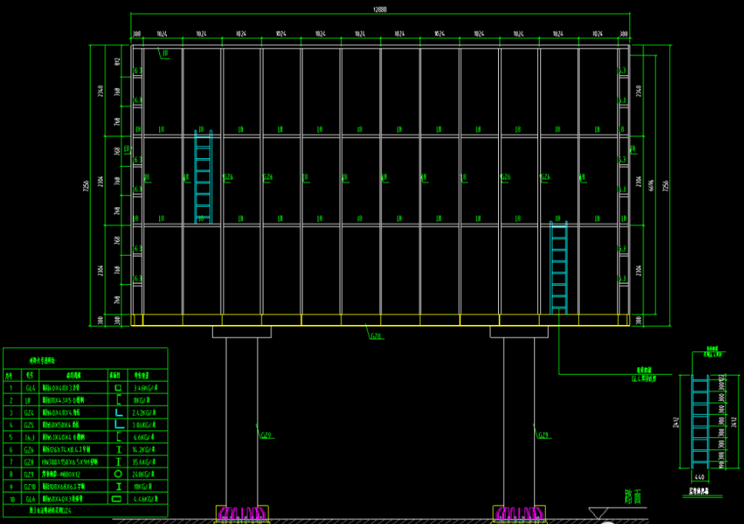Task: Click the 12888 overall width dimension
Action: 380,9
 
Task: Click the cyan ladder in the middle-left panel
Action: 203,177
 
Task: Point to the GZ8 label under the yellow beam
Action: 377,336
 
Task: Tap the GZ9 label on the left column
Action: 267,436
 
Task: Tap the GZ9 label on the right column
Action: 543,436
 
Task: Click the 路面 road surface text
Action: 632,496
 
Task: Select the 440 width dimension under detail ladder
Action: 699,476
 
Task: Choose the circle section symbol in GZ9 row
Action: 119,474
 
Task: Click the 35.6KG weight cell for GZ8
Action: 145,462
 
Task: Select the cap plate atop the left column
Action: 241,332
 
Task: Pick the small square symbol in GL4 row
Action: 119,389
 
